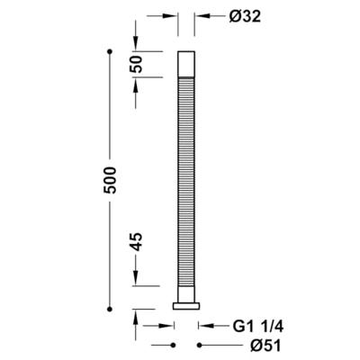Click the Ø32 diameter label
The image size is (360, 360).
coord(245,17)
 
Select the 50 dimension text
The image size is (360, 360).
coord(136,64)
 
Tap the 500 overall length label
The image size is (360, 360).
coord(110,180)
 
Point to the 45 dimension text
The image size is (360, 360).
coord(136,242)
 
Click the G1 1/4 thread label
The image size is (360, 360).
coord(258,327)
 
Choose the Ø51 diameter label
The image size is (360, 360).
coord(265,346)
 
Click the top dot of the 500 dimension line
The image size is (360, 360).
coord(110,51)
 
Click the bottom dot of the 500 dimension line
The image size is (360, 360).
coord(110,309)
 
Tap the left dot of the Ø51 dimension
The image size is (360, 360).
coord(173,346)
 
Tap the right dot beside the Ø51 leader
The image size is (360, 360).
coord(199,346)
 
